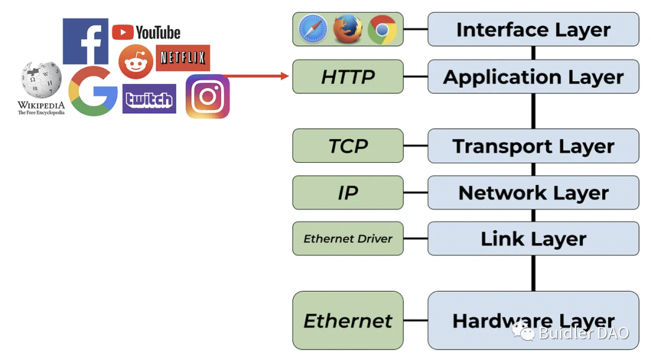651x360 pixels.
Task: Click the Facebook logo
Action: pos(86,41)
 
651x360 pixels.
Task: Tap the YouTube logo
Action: pos(146,32)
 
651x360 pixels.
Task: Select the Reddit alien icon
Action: pos(136,62)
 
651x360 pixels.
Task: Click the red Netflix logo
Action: pos(183,58)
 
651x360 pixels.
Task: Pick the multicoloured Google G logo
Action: pos(93,92)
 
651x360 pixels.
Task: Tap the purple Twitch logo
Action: pos(149,99)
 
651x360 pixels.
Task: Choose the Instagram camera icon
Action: pos(207,96)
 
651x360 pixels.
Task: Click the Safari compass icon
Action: pos(313,29)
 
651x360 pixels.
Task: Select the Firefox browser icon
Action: pos(348,29)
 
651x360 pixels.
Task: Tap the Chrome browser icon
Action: pos(382,29)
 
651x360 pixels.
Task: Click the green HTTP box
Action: pos(348,77)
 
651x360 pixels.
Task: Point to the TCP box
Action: pos(348,146)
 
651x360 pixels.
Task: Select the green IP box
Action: pos(348,193)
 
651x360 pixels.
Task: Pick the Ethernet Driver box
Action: pos(348,239)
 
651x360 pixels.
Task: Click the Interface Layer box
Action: pos(533,29)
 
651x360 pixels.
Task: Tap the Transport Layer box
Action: pos(533,146)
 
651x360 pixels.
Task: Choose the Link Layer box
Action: pos(533,239)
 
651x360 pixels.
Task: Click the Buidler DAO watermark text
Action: pos(583,333)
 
